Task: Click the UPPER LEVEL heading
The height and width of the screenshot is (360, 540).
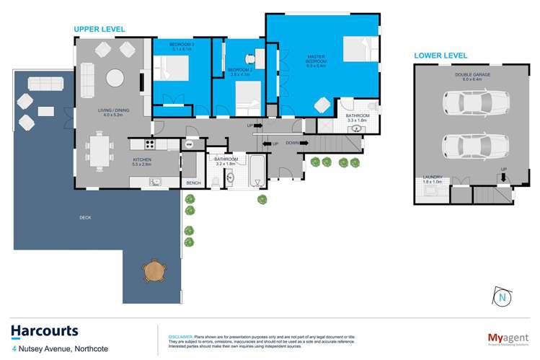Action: (x=99, y=29)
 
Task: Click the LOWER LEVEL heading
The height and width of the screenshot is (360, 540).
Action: (x=440, y=56)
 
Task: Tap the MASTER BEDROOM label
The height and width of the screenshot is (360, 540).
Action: (x=316, y=60)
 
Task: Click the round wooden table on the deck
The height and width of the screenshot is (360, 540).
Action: (x=154, y=271)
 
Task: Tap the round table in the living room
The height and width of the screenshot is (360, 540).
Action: (x=115, y=77)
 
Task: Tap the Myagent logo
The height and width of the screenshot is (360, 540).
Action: (x=503, y=337)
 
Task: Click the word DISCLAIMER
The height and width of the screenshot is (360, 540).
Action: (x=180, y=336)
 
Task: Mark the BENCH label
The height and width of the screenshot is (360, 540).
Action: (x=193, y=183)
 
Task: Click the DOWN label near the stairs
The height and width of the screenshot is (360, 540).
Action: (x=292, y=143)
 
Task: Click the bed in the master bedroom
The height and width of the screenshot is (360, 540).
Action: (x=358, y=49)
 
